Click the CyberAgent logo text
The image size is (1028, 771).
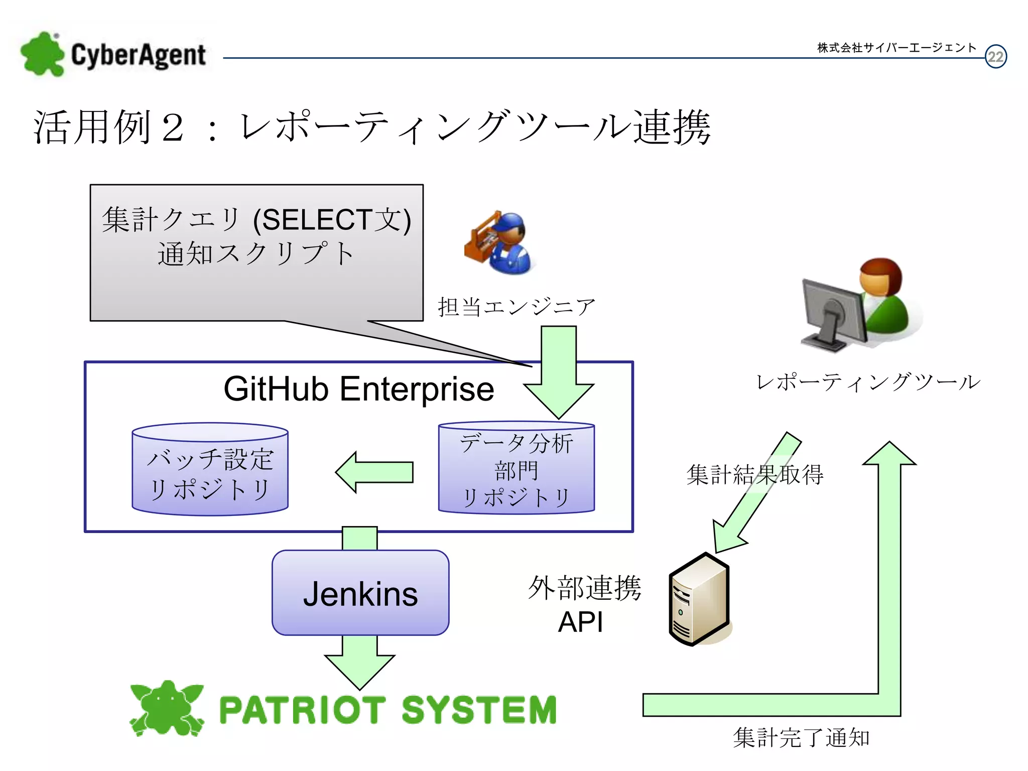[x=138, y=55]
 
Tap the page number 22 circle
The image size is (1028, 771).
[x=995, y=56]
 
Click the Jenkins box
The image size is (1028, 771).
[x=360, y=593]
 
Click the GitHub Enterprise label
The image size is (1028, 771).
[x=358, y=389]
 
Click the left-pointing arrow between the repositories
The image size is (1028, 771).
[x=374, y=472]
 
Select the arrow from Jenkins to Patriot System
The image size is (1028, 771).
[x=359, y=663]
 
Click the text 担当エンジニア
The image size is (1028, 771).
[x=517, y=307]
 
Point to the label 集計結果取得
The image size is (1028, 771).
[x=754, y=474]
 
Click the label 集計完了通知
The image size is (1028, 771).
[x=801, y=738]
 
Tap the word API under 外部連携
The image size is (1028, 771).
[x=580, y=622]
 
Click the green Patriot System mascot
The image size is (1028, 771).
[x=167, y=708]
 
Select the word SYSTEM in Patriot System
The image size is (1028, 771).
[x=479, y=710]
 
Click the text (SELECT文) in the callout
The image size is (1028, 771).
[x=332, y=220]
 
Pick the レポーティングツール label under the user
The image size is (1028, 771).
[x=868, y=382]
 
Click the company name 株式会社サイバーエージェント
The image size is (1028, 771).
[x=896, y=48]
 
